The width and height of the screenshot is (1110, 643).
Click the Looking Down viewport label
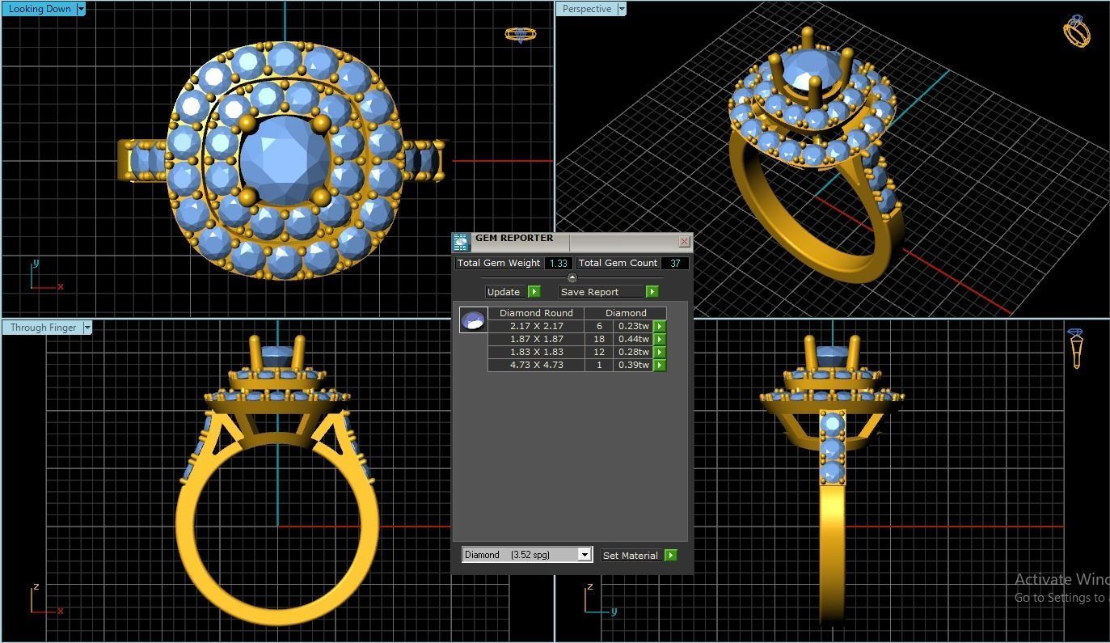(x=40, y=9)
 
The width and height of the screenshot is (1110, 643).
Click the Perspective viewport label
(x=586, y=9)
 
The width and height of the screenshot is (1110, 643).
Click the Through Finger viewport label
(x=43, y=328)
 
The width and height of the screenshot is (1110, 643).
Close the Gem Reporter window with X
(x=684, y=241)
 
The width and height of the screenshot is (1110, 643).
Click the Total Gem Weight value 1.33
(x=558, y=263)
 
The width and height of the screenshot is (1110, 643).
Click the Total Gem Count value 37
(x=674, y=263)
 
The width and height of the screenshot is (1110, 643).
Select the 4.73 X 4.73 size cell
(x=536, y=365)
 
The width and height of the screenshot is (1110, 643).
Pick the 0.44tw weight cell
(x=633, y=339)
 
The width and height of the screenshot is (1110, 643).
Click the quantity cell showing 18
(x=599, y=339)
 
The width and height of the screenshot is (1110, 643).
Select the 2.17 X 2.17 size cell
(x=536, y=326)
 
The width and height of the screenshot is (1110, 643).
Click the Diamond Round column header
(x=536, y=313)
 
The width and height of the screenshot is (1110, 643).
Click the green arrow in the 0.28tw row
(x=660, y=352)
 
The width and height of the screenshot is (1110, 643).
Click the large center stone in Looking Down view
(x=285, y=159)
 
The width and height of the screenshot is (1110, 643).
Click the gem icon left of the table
(x=473, y=320)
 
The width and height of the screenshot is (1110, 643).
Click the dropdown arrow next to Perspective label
(x=622, y=9)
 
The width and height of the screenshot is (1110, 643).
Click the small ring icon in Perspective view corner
(x=1076, y=32)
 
